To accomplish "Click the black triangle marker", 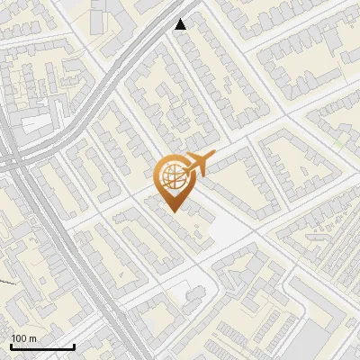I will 181,24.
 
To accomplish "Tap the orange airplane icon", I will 199,165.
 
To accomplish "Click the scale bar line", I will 41,346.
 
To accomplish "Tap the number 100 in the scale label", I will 19,338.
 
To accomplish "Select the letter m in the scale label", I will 32,338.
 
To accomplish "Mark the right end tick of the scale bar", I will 74,345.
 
